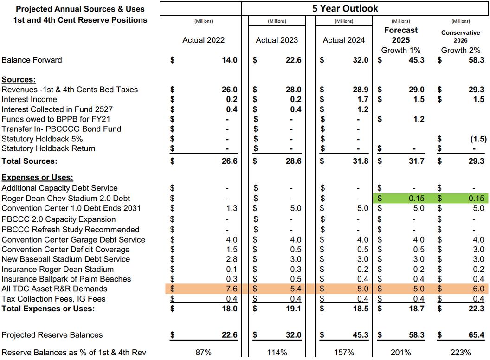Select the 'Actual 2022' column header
pyautogui.click(x=203, y=40)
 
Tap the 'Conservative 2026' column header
pyautogui.click(x=460, y=36)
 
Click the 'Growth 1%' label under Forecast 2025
pyautogui.click(x=400, y=50)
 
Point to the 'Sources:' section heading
pyautogui.click(x=19, y=79)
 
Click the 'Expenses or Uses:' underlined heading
pyautogui.click(x=38, y=178)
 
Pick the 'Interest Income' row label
pyautogui.click(x=29, y=99)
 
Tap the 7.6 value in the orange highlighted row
pyautogui.click(x=231, y=289)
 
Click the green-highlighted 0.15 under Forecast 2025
pyautogui.click(x=415, y=198)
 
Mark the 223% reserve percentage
pyautogui.click(x=460, y=353)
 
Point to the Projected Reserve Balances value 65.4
pyautogui.click(x=476, y=335)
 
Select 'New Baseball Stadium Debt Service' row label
pyautogui.click(x=66, y=259)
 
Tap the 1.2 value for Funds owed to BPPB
pyautogui.click(x=418, y=119)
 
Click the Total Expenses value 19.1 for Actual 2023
pyautogui.click(x=293, y=309)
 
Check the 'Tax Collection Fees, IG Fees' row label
pyautogui.click(x=53, y=299)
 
